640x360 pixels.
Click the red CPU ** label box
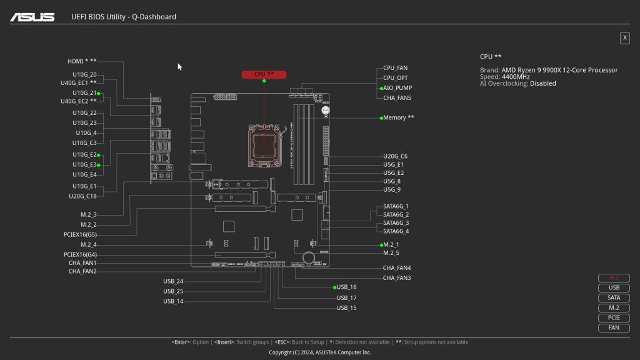[264, 74]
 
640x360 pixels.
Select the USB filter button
[614, 288]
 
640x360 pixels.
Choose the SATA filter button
[614, 298]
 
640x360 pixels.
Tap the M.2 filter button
[614, 308]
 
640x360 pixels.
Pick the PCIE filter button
[614, 317]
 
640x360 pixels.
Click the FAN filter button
[614, 327]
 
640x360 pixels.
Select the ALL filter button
[614, 278]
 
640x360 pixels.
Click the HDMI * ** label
[82, 61]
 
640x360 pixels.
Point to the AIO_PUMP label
[397, 88]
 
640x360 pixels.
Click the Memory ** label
[399, 117]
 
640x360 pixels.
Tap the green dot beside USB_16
[335, 287]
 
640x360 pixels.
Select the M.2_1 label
[391, 244]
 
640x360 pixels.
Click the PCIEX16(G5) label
[80, 234]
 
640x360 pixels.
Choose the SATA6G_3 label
[396, 223]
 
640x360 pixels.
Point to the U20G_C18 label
[82, 196]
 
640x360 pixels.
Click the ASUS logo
[32, 17]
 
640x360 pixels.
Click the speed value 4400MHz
[516, 77]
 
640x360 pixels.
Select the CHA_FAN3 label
[397, 277]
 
